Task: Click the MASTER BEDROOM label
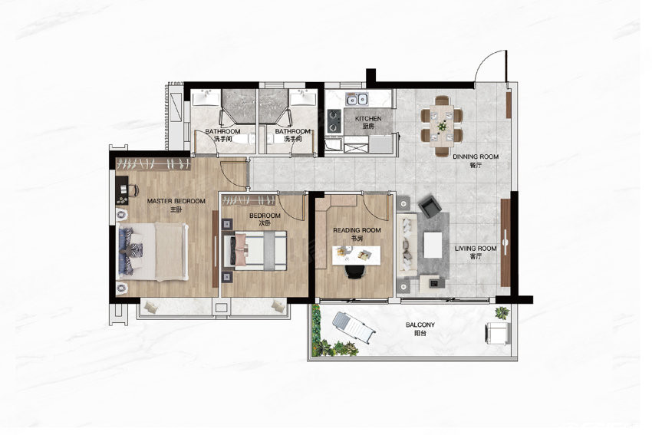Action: click(176, 201)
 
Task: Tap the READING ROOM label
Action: click(357, 230)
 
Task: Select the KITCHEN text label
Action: click(368, 118)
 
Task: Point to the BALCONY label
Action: click(420, 325)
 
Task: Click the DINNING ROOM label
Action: click(476, 157)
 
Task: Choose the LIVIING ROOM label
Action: click(476, 249)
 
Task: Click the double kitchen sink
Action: click(357, 99)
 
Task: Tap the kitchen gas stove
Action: click(334, 120)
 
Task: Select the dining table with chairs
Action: click(442, 125)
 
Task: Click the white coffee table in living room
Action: click(433, 245)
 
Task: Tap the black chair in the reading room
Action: click(354, 272)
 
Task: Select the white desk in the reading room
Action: click(357, 255)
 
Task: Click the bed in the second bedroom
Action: click(255, 251)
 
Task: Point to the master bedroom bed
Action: click(153, 252)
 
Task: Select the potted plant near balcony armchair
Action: click(502, 312)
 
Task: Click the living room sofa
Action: click(407, 246)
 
